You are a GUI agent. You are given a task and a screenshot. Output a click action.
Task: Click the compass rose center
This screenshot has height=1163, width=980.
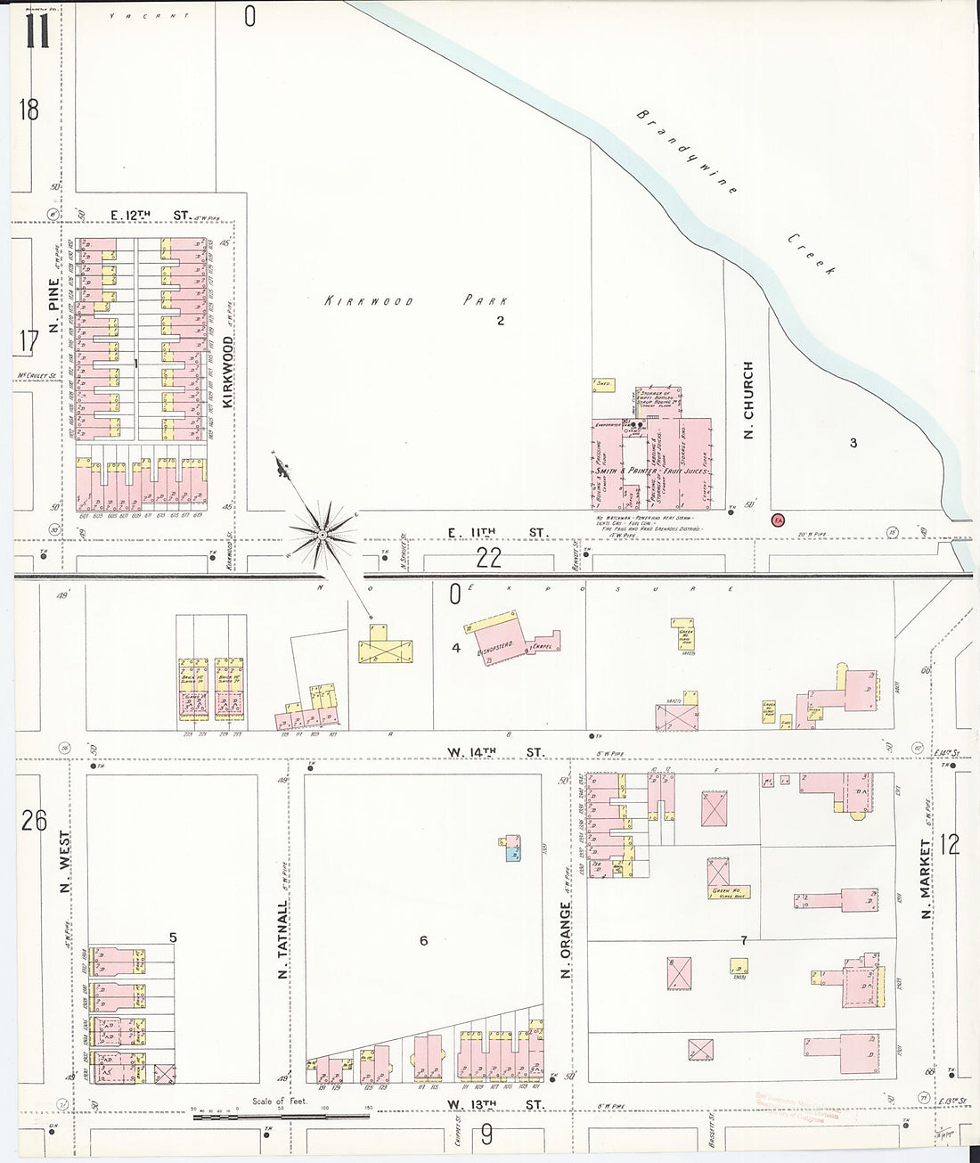click(323, 534)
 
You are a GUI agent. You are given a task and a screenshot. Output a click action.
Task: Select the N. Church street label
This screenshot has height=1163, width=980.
click(748, 400)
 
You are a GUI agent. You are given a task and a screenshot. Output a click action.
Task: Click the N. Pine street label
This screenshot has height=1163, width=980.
click(53, 306)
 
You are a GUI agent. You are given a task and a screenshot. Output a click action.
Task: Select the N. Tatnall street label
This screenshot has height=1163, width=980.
click(282, 939)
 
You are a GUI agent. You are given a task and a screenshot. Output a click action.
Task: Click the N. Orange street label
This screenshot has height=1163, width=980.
click(566, 940)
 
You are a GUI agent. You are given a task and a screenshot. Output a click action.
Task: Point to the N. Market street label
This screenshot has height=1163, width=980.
click(927, 879)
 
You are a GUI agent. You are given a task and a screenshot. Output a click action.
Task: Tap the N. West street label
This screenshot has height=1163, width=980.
click(63, 867)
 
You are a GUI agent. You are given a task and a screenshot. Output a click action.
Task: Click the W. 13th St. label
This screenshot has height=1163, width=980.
click(494, 1105)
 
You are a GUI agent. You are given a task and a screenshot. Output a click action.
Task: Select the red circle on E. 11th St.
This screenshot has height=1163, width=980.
click(778, 520)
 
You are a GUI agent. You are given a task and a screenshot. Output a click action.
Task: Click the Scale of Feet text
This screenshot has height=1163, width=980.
click(279, 1101)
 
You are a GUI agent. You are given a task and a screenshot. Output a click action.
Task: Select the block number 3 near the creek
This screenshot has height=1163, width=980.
click(853, 443)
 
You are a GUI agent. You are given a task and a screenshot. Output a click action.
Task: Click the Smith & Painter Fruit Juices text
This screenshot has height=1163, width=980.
click(651, 471)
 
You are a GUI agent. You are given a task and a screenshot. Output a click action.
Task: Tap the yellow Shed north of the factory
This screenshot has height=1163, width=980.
click(603, 385)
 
